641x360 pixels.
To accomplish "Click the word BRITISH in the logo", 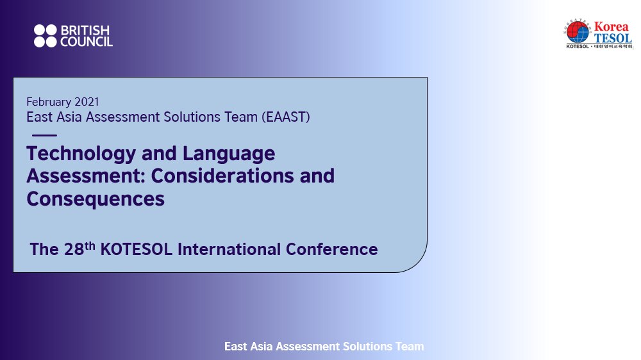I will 85,30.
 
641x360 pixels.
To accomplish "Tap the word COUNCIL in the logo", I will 87,42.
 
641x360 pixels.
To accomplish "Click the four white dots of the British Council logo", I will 46,36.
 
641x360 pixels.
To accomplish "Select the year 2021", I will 87,101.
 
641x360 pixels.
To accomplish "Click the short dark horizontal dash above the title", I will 44,135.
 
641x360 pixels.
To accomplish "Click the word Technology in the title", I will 81,154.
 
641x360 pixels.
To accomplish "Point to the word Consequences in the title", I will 96,198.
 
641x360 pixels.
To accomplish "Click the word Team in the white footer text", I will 410,347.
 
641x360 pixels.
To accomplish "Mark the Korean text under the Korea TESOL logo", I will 614,47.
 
